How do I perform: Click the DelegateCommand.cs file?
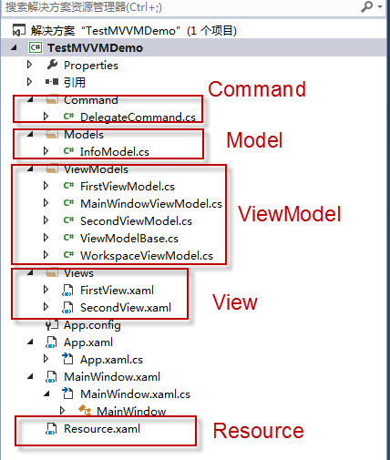pyautogui.click(x=138, y=118)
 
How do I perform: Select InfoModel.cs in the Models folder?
pyautogui.click(x=115, y=151)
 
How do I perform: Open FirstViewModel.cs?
pyautogui.click(x=128, y=186)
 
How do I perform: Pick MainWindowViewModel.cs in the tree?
pyautogui.click(x=151, y=203)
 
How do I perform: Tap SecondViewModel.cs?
pyautogui.click(x=136, y=220)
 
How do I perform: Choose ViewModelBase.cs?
pyautogui.click(x=129, y=238)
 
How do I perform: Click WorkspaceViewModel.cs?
pyautogui.click(x=147, y=255)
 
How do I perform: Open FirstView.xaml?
pyautogui.click(x=117, y=291)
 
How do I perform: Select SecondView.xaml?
pyautogui.click(x=126, y=308)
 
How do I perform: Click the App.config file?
pyautogui.click(x=92, y=325)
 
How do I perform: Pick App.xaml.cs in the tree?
pyautogui.click(x=111, y=360)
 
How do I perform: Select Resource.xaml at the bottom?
pyautogui.click(x=102, y=429)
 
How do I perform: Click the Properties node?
pyautogui.click(x=91, y=66)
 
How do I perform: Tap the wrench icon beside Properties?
pyautogui.click(x=52, y=65)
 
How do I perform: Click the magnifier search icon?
pyautogui.click(x=367, y=6)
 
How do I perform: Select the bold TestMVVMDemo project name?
pyautogui.click(x=95, y=48)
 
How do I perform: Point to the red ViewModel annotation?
pyautogui.click(x=290, y=214)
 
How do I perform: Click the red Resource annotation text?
pyautogui.click(x=259, y=431)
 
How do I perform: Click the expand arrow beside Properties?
pyautogui.click(x=29, y=65)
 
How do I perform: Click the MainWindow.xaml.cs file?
pyautogui.click(x=135, y=394)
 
